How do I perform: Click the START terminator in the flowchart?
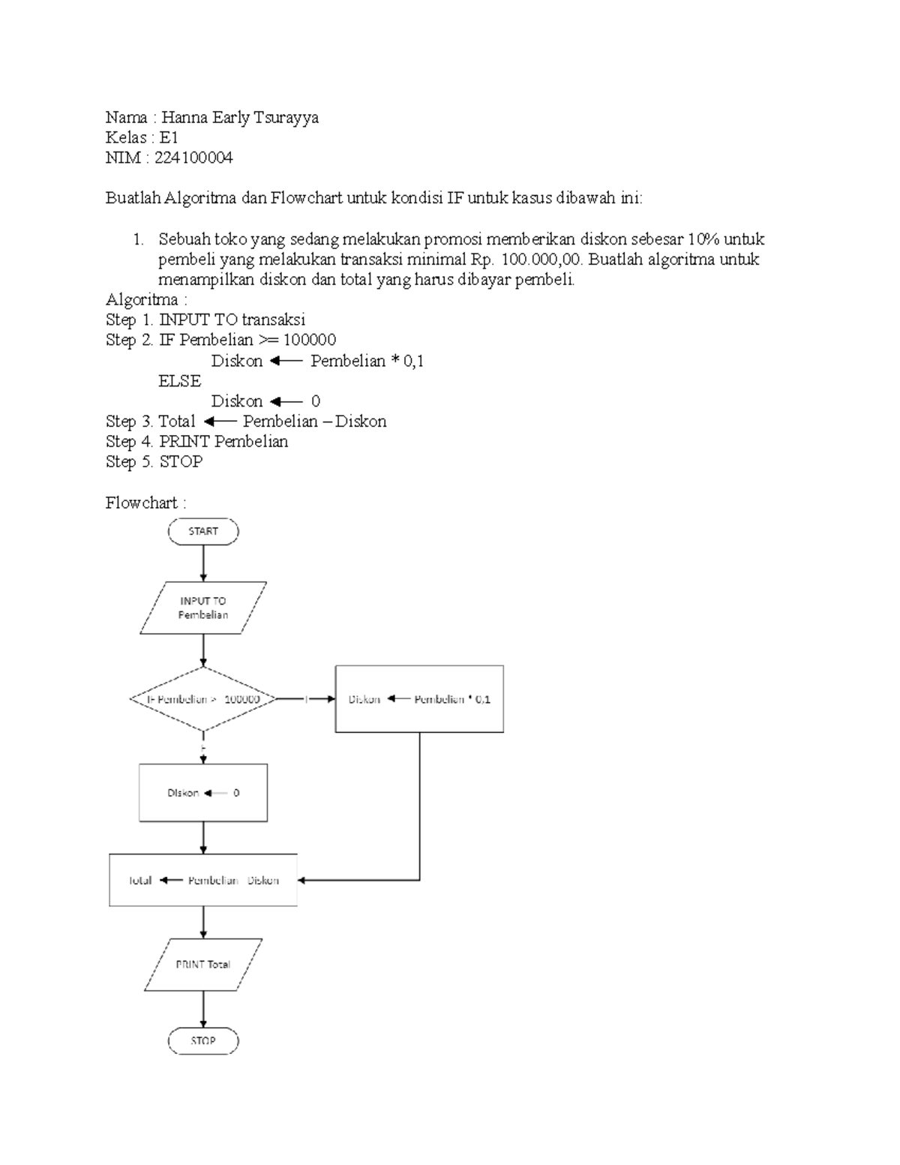coord(203,531)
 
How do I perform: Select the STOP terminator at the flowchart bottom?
coord(203,1040)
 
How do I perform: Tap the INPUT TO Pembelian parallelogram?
coord(203,608)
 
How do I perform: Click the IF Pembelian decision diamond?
coord(203,699)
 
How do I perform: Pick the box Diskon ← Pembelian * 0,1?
coord(419,699)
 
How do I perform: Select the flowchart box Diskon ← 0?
coord(203,793)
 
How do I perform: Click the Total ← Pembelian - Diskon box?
coord(203,880)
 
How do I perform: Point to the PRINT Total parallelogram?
coord(203,965)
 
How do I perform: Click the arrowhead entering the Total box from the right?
coord(302,880)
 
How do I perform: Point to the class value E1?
coord(169,137)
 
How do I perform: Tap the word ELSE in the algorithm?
coord(179,381)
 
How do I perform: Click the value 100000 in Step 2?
coord(309,341)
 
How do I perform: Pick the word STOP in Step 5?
coord(181,461)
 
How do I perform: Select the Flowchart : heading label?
coord(145,503)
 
